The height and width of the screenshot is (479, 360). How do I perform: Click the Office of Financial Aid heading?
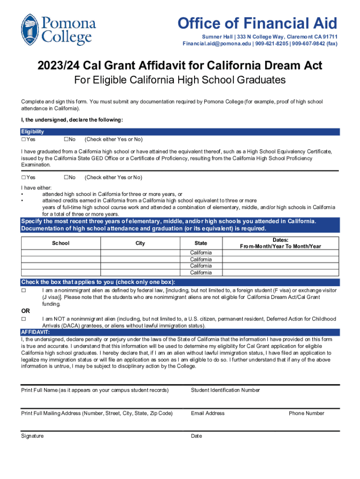point(256,23)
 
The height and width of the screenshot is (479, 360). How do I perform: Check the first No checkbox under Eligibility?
point(66,139)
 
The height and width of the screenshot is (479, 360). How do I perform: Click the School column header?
point(61,243)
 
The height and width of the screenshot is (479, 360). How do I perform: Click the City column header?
point(140,243)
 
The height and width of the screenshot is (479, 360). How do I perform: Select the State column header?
point(201,243)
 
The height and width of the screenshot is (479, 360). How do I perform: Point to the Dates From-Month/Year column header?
point(280,243)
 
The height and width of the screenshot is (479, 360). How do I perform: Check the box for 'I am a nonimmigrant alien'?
point(23,290)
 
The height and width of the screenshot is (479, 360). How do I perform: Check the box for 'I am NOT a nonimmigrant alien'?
point(23,319)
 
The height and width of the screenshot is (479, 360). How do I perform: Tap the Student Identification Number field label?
point(225,390)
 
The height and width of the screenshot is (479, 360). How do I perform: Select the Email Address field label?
point(208,413)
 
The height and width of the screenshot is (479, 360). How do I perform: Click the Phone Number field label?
point(306,413)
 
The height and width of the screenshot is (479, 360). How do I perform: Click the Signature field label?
point(32,436)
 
